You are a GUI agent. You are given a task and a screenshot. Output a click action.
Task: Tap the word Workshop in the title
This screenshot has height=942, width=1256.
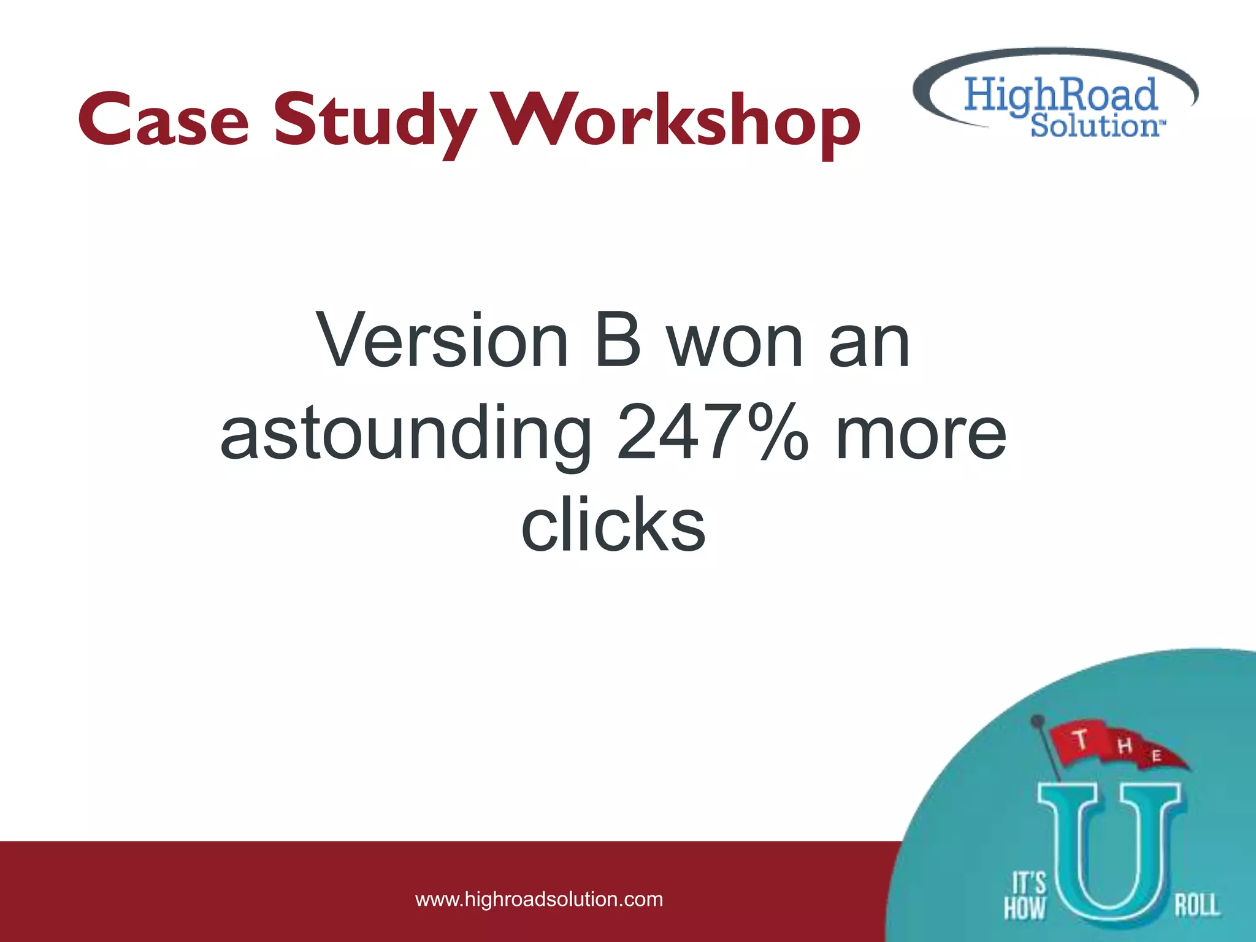pos(677,121)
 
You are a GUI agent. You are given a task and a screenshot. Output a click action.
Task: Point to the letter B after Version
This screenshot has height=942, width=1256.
pos(618,341)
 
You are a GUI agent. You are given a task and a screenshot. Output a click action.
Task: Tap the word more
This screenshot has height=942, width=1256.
pos(921,434)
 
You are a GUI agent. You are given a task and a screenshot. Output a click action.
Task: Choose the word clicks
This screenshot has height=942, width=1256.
pos(613,525)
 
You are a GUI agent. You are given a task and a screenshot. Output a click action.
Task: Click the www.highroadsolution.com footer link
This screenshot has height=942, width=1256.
pos(539,899)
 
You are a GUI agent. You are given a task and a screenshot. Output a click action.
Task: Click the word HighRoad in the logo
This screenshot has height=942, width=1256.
pos(1060,95)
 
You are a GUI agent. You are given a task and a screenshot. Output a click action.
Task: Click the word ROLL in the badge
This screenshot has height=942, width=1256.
pos(1197,905)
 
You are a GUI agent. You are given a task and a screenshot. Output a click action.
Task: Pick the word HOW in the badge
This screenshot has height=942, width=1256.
pos(1025,908)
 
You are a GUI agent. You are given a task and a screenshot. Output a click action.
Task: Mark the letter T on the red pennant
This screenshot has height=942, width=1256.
pos(1081,739)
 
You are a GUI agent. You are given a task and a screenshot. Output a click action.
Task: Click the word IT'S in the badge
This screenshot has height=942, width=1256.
pos(1028,883)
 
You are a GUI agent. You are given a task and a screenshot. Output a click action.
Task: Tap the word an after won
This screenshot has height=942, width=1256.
pos(869,342)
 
